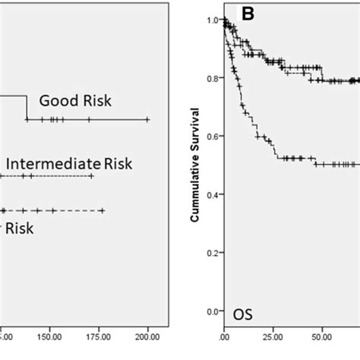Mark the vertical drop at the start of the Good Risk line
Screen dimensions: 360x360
coord(27,108)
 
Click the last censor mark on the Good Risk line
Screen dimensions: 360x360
coord(147,120)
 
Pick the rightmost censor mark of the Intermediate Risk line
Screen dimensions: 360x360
coord(92,176)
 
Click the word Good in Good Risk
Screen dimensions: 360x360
coord(55,101)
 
